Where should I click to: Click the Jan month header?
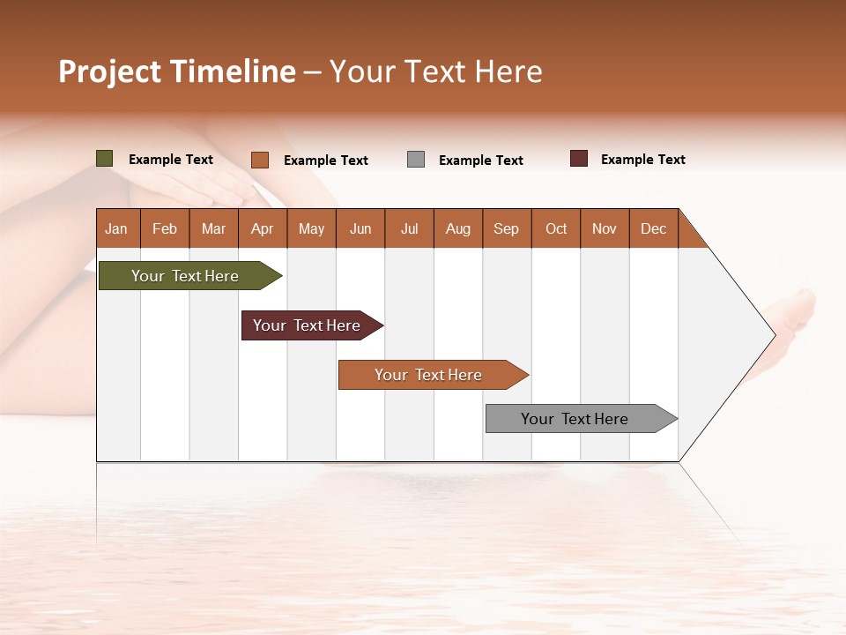coord(117,229)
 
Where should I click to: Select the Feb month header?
coord(165,229)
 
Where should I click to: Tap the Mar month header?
coord(213,229)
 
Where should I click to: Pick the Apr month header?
coord(263,229)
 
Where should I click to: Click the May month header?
coord(311,229)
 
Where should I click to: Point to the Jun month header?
coord(360,229)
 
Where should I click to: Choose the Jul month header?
coord(409,229)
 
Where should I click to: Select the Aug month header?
coord(458,229)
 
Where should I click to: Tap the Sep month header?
coord(507,229)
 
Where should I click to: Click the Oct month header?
coord(556,229)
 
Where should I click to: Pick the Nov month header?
coord(605,229)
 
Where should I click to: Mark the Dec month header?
coord(654,229)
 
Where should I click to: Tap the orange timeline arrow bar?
coord(429,375)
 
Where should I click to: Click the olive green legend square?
coord(105,159)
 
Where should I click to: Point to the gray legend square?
coord(416,160)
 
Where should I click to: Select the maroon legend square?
coord(579,159)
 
